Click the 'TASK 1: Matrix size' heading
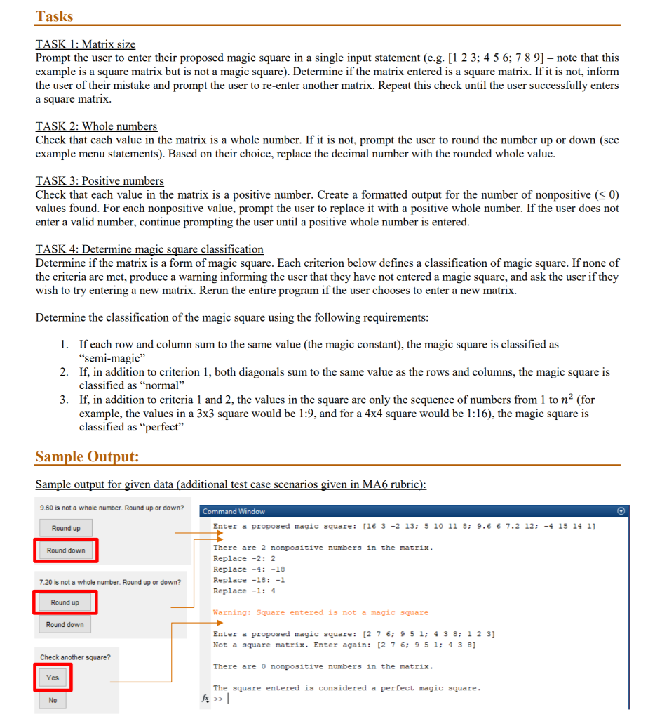pos(85,44)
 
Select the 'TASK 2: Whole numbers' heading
pos(96,126)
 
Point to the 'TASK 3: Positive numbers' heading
pos(100,181)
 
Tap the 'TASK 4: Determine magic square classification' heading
pos(149,249)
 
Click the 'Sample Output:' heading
pos(87,457)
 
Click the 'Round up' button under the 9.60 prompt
pos(66,528)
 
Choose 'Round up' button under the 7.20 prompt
pos(65,602)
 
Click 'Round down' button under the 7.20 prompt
pos(65,624)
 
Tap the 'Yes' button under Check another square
pos(53,678)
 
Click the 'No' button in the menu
pos(53,700)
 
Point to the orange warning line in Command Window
pos(320,613)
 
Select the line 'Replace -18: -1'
pos(249,580)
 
